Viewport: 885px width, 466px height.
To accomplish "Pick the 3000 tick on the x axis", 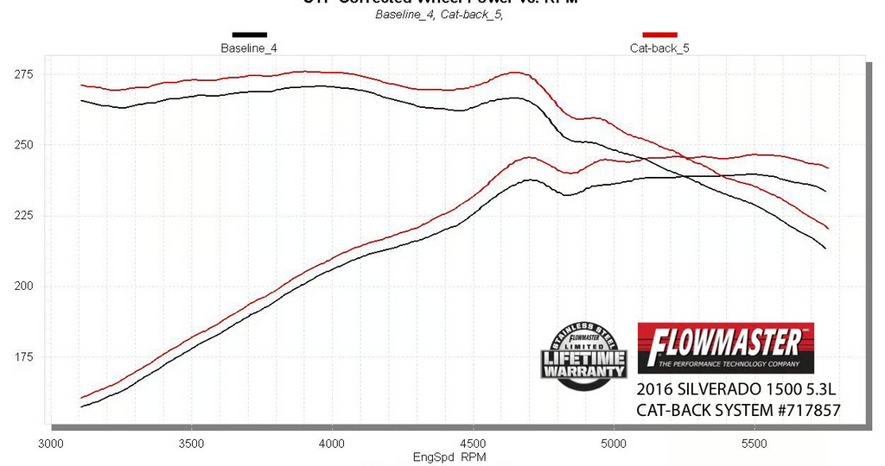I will [51, 444].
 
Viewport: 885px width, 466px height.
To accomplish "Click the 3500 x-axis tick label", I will [192, 444].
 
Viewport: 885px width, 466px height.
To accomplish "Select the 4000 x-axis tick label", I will [332, 444].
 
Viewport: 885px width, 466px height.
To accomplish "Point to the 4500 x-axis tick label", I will [473, 444].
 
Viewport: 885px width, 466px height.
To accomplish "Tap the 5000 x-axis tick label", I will [613, 444].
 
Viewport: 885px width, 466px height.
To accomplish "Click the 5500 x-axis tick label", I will [754, 444].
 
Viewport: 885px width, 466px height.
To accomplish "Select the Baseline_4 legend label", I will [249, 48].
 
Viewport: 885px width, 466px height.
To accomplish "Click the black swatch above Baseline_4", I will [249, 35].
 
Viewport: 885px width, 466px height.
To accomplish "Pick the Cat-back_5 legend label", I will [659, 48].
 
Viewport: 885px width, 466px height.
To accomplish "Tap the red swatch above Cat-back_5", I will [659, 35].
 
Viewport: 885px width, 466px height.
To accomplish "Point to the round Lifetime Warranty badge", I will [584, 354].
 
